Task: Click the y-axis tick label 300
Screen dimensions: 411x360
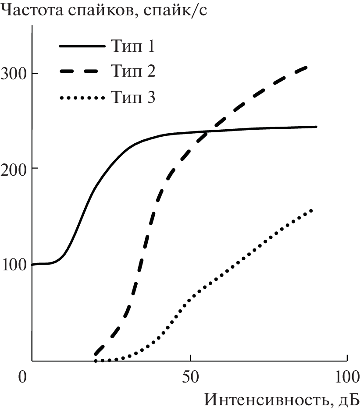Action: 13,73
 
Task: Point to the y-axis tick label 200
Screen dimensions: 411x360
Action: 13,168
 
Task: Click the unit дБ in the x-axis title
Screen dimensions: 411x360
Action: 348,399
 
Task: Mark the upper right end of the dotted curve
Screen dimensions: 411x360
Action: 311,210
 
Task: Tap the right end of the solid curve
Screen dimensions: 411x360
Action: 316,127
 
